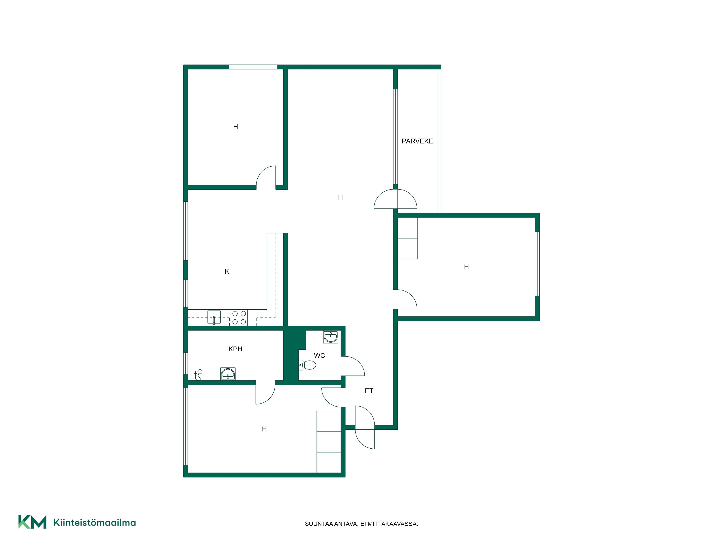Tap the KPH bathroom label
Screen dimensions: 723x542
coord(235,349)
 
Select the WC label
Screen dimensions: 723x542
coord(319,355)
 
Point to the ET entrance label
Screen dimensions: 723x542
coord(369,391)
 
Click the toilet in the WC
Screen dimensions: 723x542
coord(307,365)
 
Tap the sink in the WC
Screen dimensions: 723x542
coord(330,337)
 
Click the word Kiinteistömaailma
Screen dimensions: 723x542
coord(95,522)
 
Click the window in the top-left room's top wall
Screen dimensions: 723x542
coord(253,67)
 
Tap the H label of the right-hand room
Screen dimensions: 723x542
coord(466,267)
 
